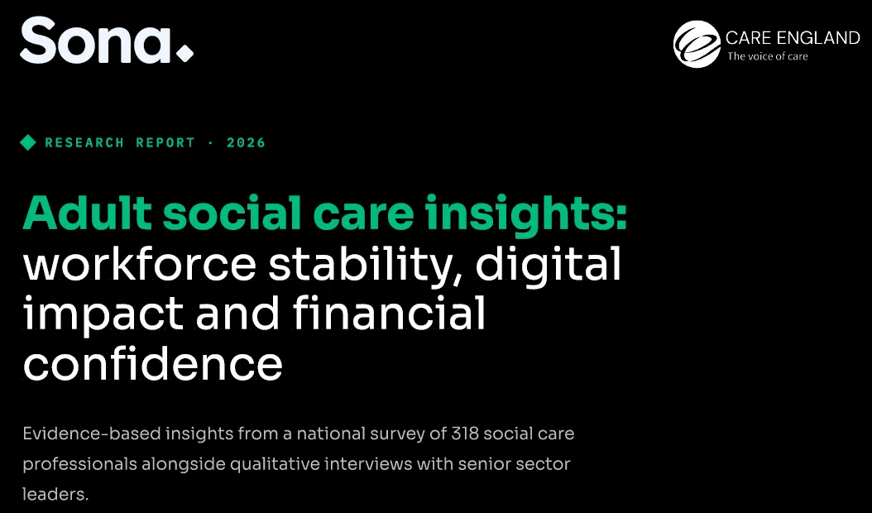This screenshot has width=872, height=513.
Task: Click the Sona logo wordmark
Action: pos(96,40)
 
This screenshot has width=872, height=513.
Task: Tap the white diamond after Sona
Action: pos(184,54)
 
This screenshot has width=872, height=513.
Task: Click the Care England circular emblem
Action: pos(697,44)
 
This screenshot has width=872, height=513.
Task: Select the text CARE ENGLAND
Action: pos(793,38)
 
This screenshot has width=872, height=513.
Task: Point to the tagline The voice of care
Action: pos(768,56)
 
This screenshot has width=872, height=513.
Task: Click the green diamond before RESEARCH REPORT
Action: pos(28,142)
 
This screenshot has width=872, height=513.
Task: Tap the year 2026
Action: pos(246,142)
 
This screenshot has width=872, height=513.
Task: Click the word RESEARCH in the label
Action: pos(84,142)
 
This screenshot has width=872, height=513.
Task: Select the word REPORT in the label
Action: pos(165,142)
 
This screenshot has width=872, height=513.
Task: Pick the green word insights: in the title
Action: pos(526,214)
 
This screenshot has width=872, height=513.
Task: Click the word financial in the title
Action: pos(389,313)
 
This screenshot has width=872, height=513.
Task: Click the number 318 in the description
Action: pos(465,434)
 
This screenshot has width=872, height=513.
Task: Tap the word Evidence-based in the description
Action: pos(92,434)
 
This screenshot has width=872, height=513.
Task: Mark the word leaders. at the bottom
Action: pos(55,493)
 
